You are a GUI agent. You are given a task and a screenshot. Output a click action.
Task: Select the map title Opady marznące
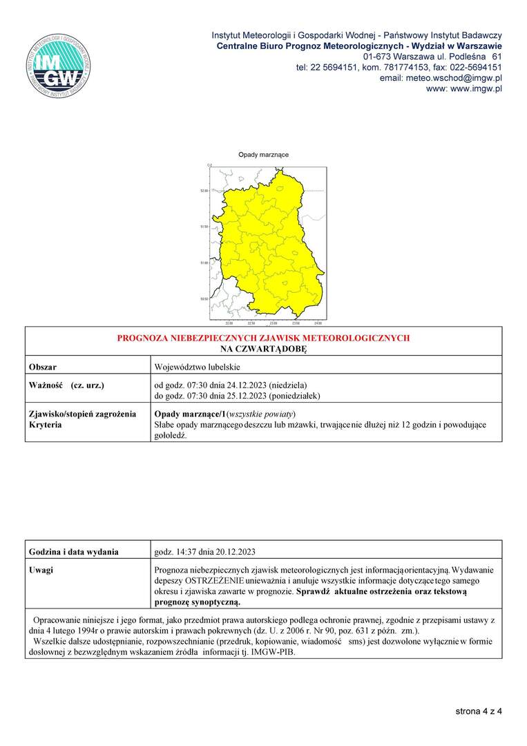[263, 155]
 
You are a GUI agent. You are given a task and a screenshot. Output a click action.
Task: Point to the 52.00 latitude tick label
[203, 190]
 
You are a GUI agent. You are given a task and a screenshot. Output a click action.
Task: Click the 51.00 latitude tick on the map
[203, 263]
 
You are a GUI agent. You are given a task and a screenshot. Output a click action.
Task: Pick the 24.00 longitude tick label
[317, 323]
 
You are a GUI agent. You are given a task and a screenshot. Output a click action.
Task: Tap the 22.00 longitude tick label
[229, 323]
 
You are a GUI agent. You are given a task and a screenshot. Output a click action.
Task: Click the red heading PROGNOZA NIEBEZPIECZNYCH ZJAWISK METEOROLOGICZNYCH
[263, 338]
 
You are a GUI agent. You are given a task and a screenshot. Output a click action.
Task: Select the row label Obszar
[43, 366]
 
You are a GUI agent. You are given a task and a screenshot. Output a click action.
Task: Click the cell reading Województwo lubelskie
[197, 366]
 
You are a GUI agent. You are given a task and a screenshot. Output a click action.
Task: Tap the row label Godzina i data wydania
[74, 551]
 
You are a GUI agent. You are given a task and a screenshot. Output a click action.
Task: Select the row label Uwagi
[41, 570]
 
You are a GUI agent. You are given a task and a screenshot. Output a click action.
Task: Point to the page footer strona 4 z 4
[478, 710]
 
